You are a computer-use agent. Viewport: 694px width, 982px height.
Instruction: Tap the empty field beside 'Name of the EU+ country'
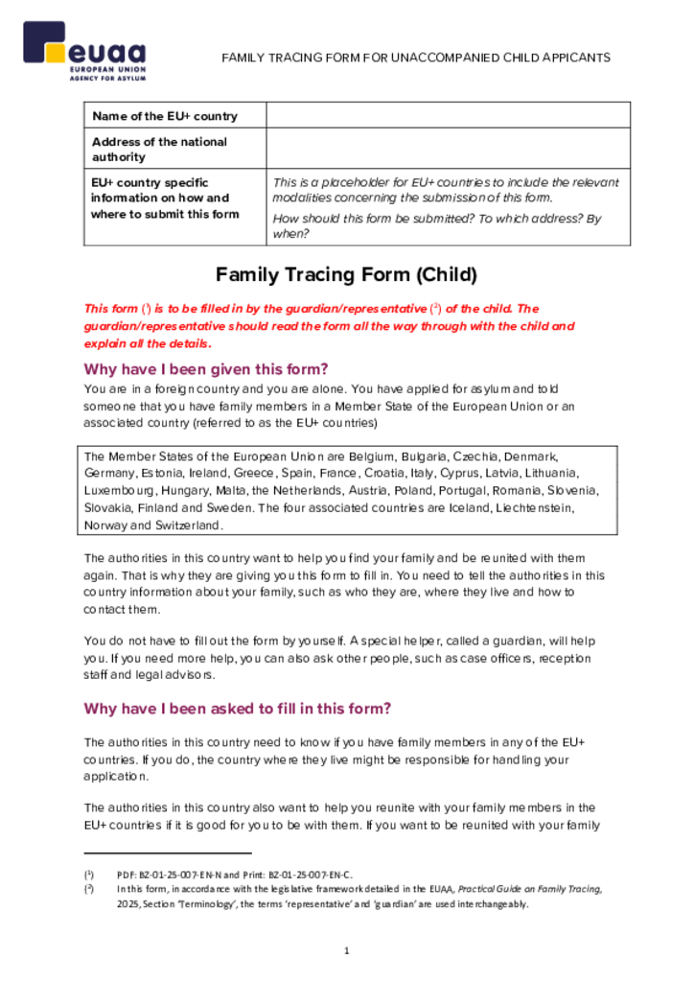click(448, 116)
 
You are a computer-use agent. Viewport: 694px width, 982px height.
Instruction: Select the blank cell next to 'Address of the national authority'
click(448, 149)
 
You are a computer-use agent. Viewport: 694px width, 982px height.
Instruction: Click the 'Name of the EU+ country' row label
click(165, 116)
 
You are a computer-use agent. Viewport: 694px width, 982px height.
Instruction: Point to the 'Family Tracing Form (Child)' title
click(346, 275)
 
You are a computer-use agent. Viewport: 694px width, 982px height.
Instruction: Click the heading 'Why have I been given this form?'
click(206, 369)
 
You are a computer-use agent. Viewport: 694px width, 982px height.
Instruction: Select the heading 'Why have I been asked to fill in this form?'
click(238, 709)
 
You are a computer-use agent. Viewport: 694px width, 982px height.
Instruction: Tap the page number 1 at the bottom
click(347, 950)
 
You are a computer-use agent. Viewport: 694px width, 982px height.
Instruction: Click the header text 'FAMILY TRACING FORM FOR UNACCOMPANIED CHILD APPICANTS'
click(416, 58)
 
